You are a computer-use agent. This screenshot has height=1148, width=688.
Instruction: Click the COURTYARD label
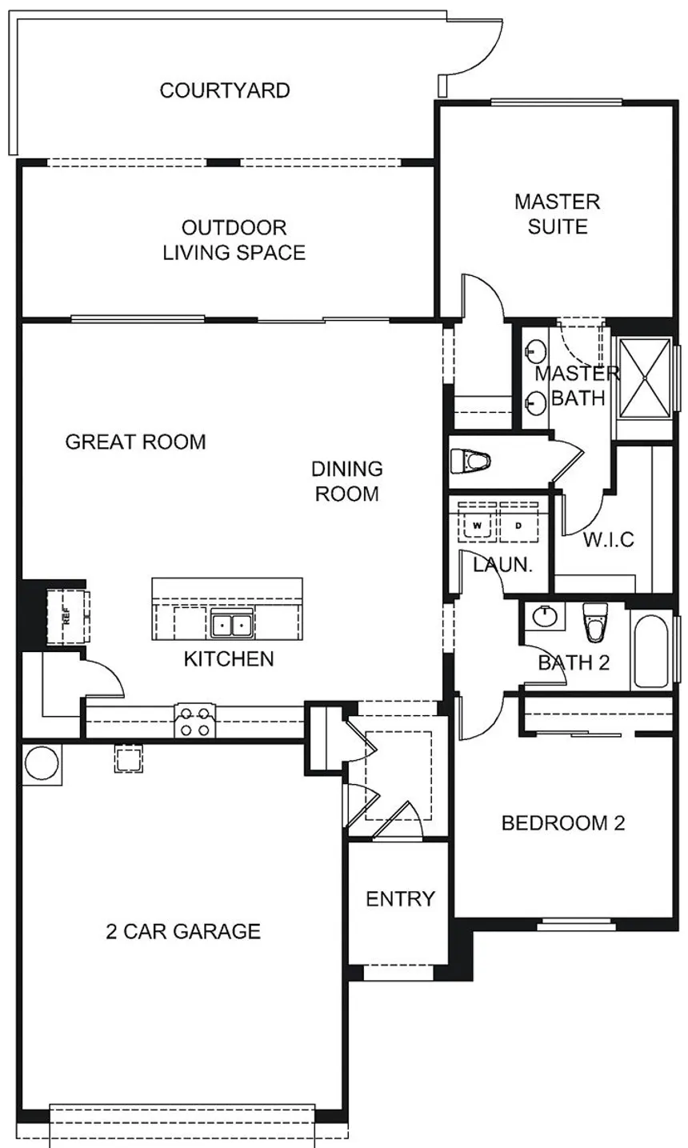225,90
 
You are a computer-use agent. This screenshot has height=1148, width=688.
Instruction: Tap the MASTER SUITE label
558,214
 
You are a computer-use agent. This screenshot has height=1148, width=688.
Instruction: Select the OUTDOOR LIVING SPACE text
234,240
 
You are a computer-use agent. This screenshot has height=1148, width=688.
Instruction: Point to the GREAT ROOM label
135,442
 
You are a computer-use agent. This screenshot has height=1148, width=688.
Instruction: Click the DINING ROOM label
347,481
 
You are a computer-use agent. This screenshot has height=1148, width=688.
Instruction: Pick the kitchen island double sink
233,624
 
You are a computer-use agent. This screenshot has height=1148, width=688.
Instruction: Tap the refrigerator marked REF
66,615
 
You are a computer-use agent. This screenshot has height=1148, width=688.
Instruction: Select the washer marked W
478,526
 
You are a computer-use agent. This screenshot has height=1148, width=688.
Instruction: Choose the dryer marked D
518,526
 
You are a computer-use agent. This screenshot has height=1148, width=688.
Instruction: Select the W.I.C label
609,539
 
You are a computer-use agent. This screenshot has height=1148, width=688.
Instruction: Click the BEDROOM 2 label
563,823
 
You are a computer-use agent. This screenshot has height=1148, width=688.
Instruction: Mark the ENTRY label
400,898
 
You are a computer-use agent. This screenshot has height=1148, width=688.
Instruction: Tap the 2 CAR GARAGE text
183,931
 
